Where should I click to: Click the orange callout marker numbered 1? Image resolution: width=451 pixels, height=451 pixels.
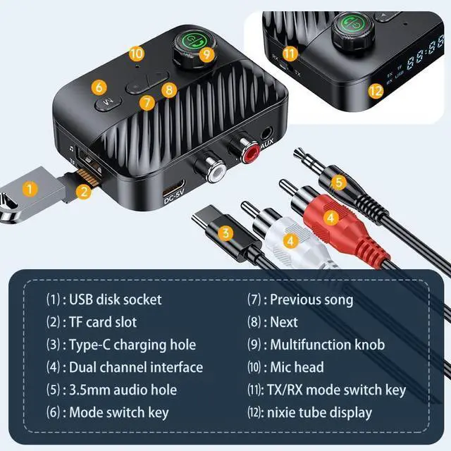click(x=30, y=188)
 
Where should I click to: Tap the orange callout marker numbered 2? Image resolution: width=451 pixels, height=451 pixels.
click(x=84, y=190)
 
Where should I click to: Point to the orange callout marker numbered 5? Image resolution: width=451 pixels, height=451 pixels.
click(x=339, y=182)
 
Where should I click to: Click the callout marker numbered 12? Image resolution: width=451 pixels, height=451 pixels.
click(x=376, y=90)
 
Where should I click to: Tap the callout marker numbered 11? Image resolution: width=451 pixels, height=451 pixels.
click(x=290, y=53)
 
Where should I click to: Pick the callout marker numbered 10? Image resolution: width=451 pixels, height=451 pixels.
click(x=136, y=53)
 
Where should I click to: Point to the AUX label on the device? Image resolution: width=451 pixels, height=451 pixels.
click(x=267, y=147)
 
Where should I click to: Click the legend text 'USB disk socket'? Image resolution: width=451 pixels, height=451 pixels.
click(x=115, y=299)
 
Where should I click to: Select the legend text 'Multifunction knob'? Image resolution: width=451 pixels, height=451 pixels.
click(x=328, y=345)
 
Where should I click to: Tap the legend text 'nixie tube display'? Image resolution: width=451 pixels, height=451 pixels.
click(x=321, y=412)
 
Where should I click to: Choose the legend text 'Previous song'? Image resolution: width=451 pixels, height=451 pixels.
click(x=311, y=299)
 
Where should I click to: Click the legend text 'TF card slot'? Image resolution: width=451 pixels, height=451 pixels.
click(x=103, y=322)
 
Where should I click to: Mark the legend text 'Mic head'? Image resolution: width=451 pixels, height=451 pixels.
click(x=297, y=367)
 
